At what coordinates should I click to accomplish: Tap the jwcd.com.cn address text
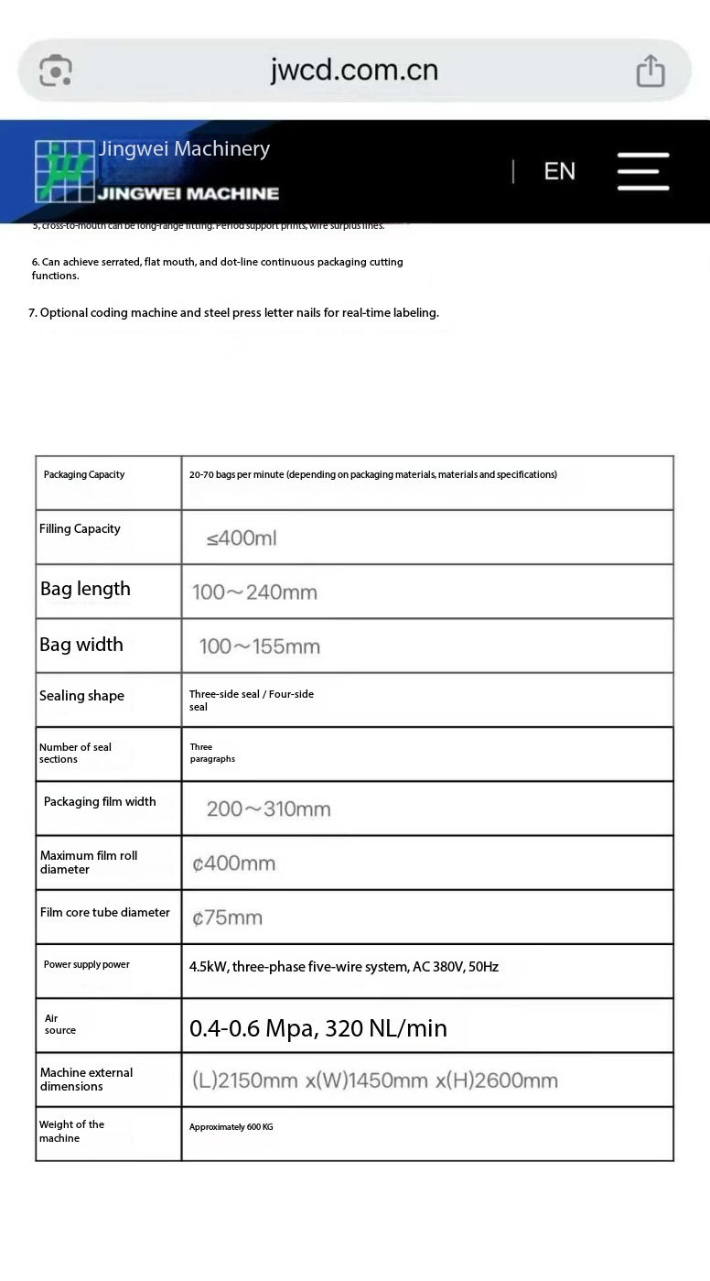(x=354, y=70)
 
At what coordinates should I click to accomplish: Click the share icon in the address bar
(x=650, y=71)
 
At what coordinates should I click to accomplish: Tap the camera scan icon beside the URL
(x=56, y=71)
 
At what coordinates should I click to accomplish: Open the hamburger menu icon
(x=642, y=171)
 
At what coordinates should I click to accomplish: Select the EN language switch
(x=559, y=171)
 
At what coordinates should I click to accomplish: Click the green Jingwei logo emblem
(x=65, y=170)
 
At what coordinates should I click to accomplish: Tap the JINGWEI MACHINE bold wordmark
(x=188, y=193)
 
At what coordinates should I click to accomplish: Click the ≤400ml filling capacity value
(x=242, y=538)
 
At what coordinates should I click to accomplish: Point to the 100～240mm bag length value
(x=254, y=592)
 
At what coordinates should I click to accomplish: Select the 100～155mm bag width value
(x=260, y=646)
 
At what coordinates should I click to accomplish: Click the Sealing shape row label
(x=81, y=696)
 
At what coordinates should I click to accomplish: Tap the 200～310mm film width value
(x=268, y=809)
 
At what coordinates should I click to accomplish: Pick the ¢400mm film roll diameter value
(x=233, y=863)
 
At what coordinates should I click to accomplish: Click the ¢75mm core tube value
(x=227, y=917)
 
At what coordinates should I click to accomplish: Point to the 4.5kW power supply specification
(x=344, y=967)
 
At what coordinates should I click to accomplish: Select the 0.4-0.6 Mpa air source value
(x=318, y=1028)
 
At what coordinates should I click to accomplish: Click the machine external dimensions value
(x=374, y=1080)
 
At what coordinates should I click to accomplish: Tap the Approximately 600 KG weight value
(x=231, y=1127)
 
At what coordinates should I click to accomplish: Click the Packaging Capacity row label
(x=84, y=474)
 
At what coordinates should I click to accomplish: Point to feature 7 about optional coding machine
(x=233, y=312)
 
